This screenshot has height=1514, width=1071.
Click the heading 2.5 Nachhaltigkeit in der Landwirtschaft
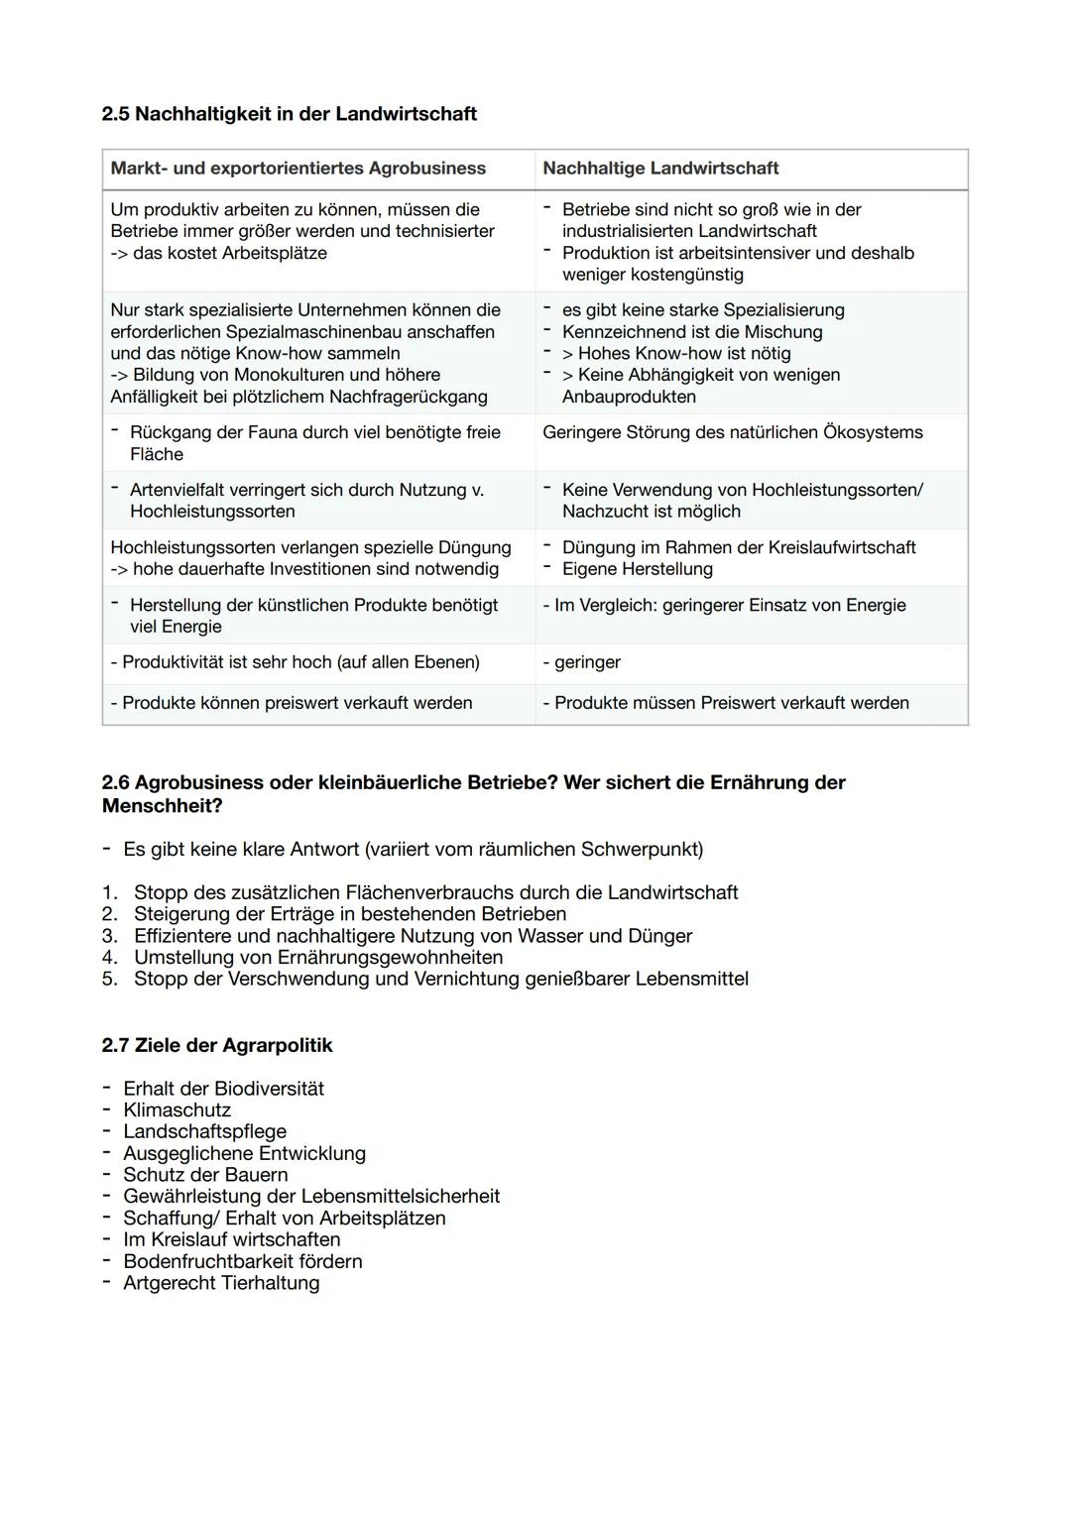coord(289,114)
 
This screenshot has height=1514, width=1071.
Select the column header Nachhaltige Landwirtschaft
coord(660,169)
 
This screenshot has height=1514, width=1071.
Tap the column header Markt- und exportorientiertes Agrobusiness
coord(297,169)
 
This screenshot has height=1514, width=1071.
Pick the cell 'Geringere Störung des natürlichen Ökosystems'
coord(732,432)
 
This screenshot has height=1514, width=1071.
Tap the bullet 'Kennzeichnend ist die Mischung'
coord(691,332)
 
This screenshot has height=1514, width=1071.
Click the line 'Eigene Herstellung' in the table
coord(637,569)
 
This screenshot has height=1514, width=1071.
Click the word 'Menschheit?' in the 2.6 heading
coord(162,806)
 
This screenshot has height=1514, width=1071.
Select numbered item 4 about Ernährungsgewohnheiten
coord(317,958)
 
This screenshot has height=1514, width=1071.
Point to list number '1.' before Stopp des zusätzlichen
coord(110,892)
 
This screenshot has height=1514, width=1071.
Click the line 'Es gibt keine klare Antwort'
coord(412,850)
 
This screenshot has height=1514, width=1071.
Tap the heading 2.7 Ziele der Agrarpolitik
coord(217,1046)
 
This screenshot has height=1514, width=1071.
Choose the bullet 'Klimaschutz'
coord(177,1110)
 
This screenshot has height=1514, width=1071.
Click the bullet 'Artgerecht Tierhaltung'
coord(220,1283)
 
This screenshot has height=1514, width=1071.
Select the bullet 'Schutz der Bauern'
coord(204,1175)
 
